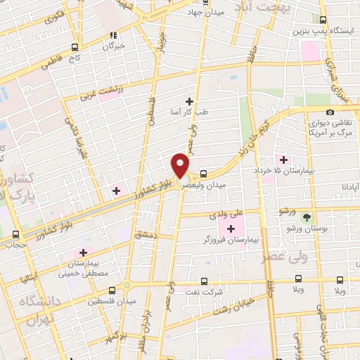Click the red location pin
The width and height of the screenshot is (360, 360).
(181, 165)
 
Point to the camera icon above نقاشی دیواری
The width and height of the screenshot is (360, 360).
(330, 112)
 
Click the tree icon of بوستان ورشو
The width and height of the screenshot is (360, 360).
(307, 217)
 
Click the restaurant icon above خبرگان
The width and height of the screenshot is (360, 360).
(112, 34)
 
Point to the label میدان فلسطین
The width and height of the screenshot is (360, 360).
(105, 300)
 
